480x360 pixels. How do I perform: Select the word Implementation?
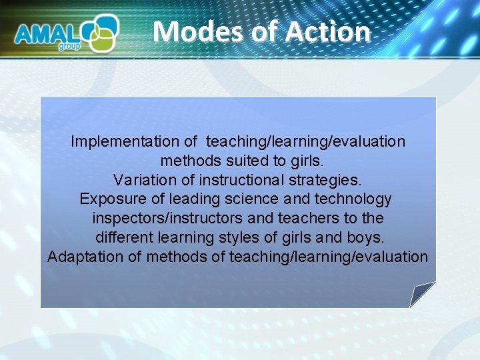(134, 141)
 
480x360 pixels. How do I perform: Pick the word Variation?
(142, 180)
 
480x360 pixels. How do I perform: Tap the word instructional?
(233, 180)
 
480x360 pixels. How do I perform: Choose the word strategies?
(326, 180)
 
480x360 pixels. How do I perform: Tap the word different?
(125, 238)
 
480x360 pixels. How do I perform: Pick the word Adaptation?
(85, 257)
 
